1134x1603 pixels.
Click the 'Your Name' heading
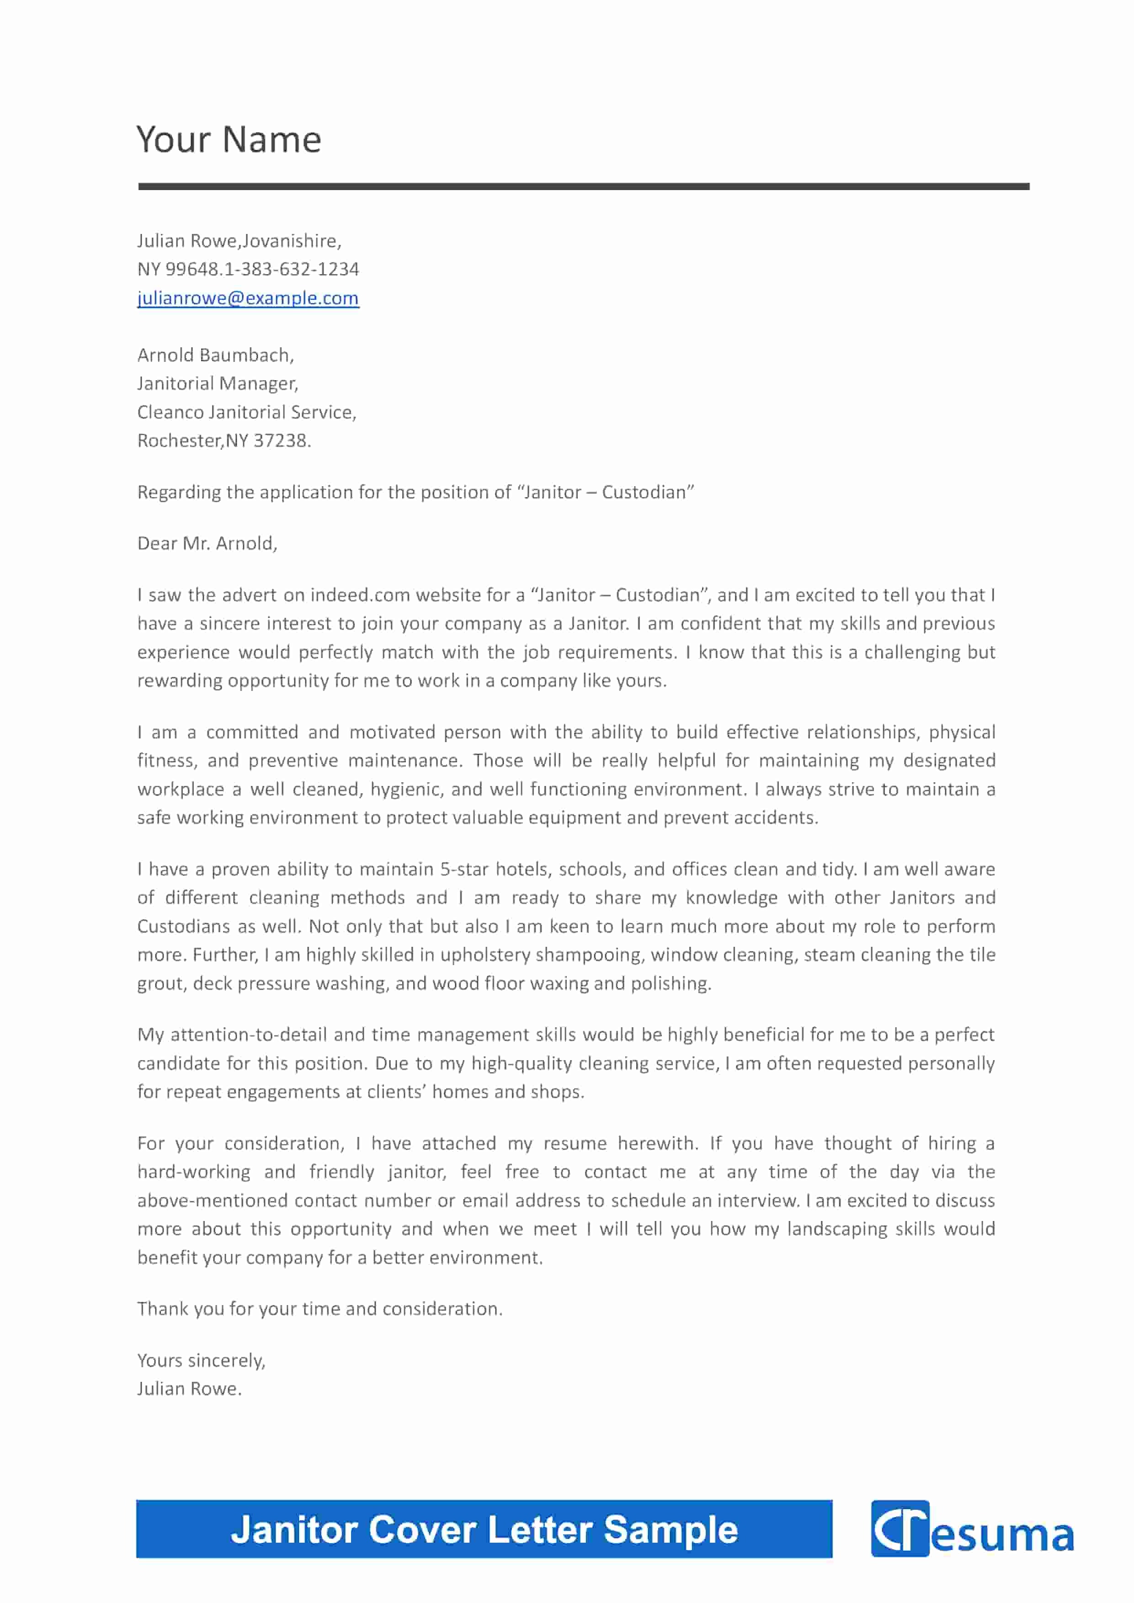click(x=229, y=140)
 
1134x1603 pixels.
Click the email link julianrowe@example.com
click(x=248, y=298)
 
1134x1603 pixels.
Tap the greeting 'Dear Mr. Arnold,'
click(x=208, y=543)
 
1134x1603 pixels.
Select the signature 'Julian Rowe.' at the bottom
click(x=189, y=1389)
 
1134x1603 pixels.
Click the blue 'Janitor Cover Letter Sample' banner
click(x=484, y=1530)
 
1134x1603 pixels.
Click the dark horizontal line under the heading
click(x=583, y=186)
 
